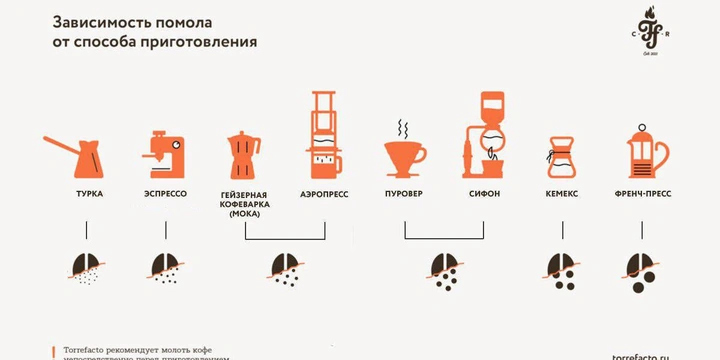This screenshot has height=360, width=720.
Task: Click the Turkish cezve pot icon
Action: [x=86, y=153]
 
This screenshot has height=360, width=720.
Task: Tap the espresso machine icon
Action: [x=164, y=152]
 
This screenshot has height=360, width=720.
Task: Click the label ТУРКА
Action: [x=88, y=194]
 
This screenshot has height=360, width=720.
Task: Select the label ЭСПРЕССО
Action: [x=166, y=194]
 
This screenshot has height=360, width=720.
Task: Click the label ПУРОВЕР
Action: [x=405, y=194]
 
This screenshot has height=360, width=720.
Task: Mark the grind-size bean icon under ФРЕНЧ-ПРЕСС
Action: [x=640, y=266]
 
